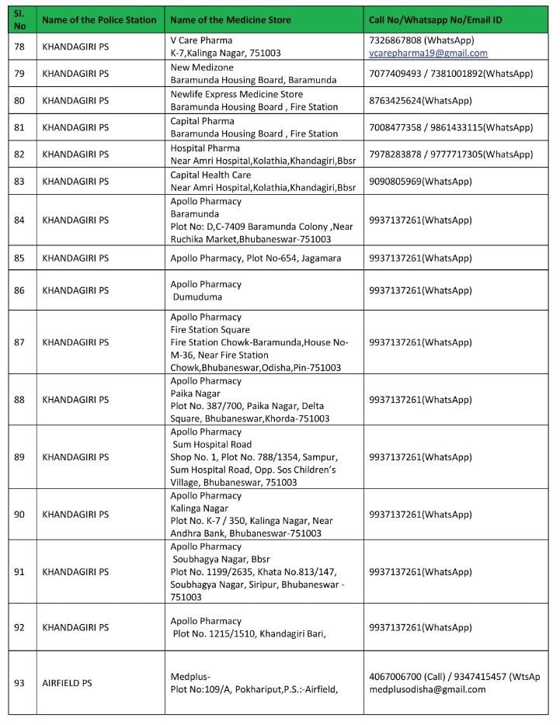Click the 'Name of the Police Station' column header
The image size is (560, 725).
(x=99, y=19)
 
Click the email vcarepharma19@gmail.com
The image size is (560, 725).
(x=428, y=54)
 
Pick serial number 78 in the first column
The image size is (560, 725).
(x=20, y=47)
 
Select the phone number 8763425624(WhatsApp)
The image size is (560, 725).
(x=420, y=100)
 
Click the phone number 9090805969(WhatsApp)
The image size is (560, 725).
(x=420, y=181)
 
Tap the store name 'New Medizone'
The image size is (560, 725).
(x=201, y=68)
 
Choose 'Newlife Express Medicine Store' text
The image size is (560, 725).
(x=236, y=94)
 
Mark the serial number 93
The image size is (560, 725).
(x=20, y=683)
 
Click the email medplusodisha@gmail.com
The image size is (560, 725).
(x=427, y=689)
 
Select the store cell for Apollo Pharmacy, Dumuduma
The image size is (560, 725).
(x=206, y=290)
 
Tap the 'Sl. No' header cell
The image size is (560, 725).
(x=20, y=19)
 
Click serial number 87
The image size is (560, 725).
(x=20, y=342)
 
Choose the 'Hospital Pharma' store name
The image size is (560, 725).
(x=205, y=147)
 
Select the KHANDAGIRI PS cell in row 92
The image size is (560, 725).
(x=75, y=627)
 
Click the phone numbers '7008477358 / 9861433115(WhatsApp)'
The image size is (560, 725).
(x=450, y=127)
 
